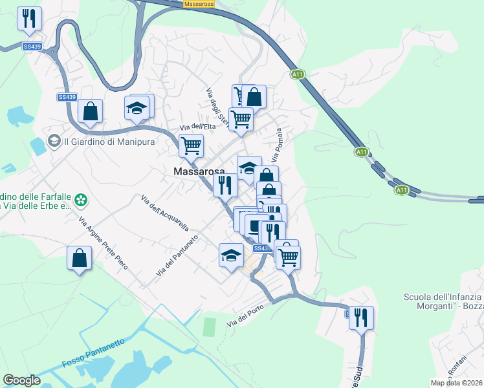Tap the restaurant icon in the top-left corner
point(29,19)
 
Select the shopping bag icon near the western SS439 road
point(90,112)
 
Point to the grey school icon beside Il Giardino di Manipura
point(54,140)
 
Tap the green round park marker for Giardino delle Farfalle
point(80,200)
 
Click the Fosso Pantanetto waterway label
point(93,354)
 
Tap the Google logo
point(22,380)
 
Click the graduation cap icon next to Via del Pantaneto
point(231,255)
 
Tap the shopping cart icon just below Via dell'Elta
point(192,146)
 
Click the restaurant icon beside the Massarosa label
point(225,186)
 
